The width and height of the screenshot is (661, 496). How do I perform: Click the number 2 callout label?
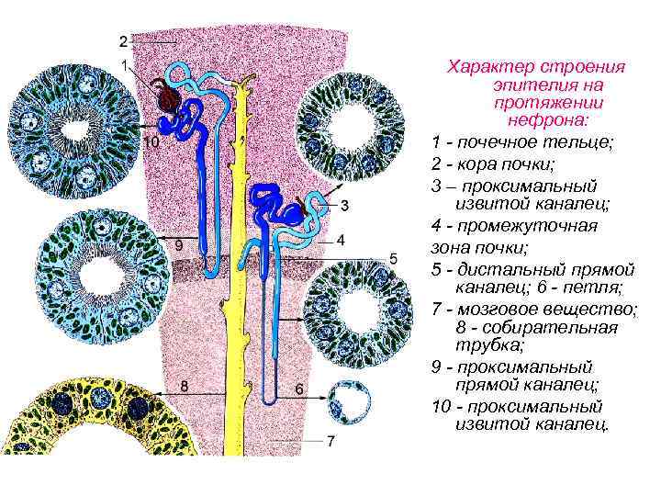pyautogui.click(x=123, y=41)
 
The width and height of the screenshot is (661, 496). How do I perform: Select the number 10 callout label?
pyautogui.click(x=151, y=142)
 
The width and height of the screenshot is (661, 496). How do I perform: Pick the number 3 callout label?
pyautogui.click(x=343, y=205)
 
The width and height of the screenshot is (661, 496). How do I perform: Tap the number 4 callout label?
pyautogui.click(x=340, y=239)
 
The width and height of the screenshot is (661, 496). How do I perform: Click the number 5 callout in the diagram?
pyautogui.click(x=392, y=258)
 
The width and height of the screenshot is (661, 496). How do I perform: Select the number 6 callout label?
pyautogui.click(x=299, y=389)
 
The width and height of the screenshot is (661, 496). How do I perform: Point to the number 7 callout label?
pyautogui.click(x=330, y=441)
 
